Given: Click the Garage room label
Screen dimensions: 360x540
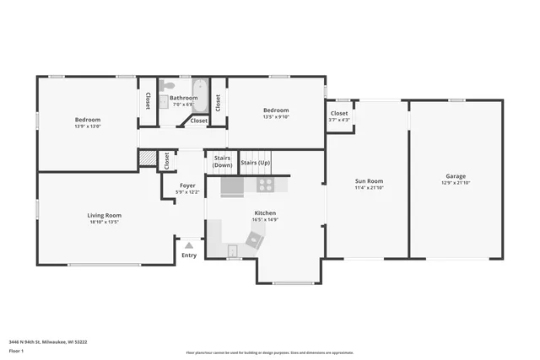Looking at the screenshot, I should pos(456,175).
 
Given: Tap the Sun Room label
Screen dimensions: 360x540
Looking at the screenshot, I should pos(369,180).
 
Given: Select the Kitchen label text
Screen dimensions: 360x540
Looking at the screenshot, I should pos(265,213).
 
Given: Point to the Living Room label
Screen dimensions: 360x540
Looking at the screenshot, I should pos(105,215).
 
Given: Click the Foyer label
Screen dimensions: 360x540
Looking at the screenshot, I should pos(187,185).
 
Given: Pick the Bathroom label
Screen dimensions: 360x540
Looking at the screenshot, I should pos(183,98).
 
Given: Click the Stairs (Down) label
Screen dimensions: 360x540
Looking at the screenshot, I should pos(223,161).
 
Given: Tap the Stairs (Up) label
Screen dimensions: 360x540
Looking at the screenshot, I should pos(256,162).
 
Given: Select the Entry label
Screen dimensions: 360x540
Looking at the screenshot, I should pos(189,255).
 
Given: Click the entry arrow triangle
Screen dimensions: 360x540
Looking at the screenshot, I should pos(189,244).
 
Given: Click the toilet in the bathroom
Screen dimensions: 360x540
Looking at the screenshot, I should pos(169,86).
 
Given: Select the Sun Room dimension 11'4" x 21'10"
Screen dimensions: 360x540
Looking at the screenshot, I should pos(369,187).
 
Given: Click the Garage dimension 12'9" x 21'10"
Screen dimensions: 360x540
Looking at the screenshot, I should pos(456,182).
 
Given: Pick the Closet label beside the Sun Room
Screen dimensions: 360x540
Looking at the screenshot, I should pos(338,113).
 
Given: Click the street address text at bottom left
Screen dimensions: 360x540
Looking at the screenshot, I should pos(48,341).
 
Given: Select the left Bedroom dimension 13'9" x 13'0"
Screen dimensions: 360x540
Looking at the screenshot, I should pos(88,126).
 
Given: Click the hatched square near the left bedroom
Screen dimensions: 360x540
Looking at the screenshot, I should pos(147,158).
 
